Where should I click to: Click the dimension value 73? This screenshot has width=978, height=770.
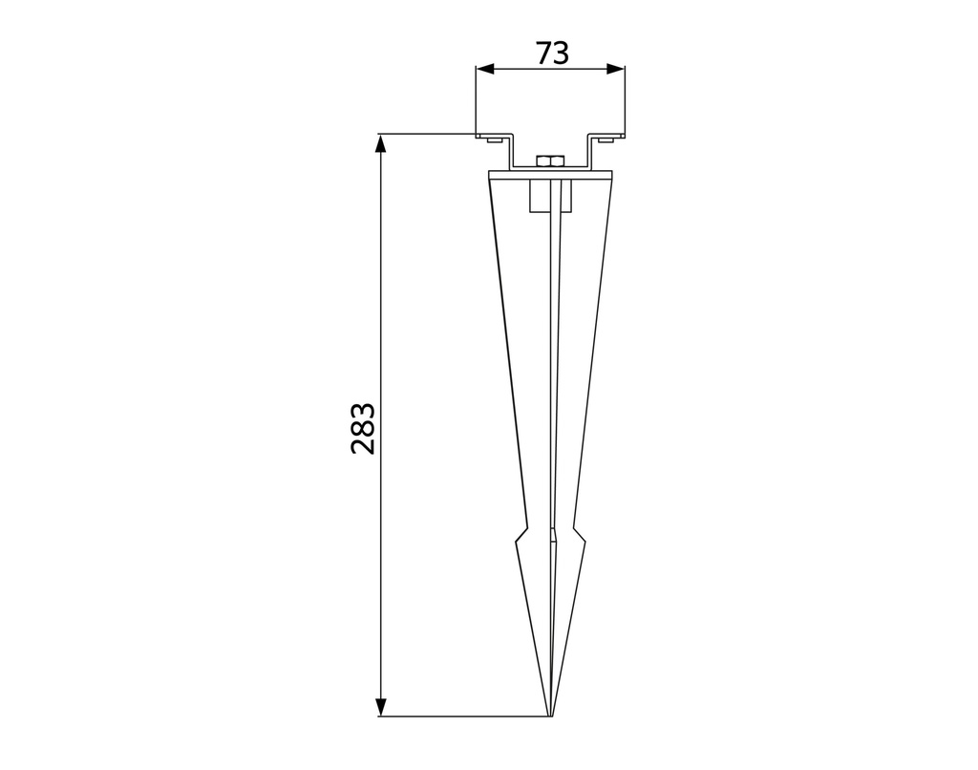pyautogui.click(x=551, y=53)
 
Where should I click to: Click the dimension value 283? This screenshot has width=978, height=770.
pyautogui.click(x=363, y=428)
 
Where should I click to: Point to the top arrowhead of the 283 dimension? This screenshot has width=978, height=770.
pyautogui.click(x=381, y=143)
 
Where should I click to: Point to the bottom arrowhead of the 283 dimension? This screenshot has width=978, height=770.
pyautogui.click(x=381, y=706)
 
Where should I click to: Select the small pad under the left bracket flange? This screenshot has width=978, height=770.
pyautogui.click(x=491, y=140)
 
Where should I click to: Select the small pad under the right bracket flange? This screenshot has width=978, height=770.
pyautogui.click(x=606, y=140)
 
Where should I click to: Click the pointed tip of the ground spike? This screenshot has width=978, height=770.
pyautogui.click(x=551, y=714)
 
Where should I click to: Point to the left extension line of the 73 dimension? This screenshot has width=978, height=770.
pyautogui.click(x=476, y=100)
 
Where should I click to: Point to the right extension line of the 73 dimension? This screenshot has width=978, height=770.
pyautogui.click(x=625, y=100)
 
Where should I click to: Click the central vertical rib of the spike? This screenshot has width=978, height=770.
pyautogui.click(x=551, y=382)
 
